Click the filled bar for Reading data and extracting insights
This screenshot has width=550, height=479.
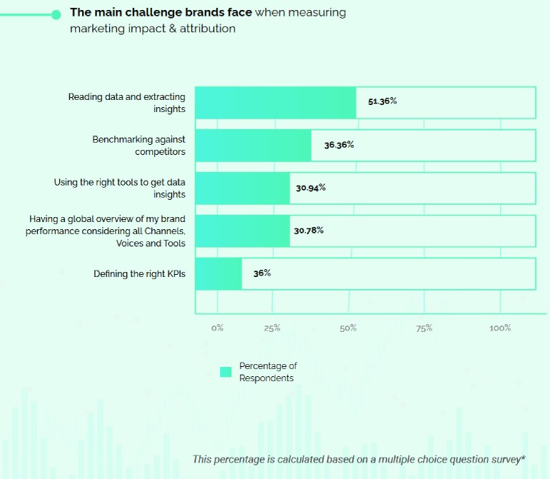275,102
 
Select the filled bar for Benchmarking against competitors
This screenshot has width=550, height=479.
253,145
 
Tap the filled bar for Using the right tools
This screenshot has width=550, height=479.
242,188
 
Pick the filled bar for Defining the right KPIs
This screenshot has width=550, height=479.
218,273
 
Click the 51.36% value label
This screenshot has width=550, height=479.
382,101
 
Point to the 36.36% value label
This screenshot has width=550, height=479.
339,144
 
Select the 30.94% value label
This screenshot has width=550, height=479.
311,187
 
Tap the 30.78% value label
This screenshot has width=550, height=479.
309,230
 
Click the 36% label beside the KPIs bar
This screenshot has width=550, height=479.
262,273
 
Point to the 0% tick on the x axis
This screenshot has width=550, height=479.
217,328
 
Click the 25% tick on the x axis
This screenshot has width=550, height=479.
272,328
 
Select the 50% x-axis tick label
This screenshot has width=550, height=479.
348,328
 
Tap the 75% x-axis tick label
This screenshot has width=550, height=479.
424,328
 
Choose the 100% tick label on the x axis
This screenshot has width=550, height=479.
500,328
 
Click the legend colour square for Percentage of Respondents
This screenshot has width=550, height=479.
226,372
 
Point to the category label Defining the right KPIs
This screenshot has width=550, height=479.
139,273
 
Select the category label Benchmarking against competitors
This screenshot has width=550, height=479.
139,145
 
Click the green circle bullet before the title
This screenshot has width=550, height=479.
56,14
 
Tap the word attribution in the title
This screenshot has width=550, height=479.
208,29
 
